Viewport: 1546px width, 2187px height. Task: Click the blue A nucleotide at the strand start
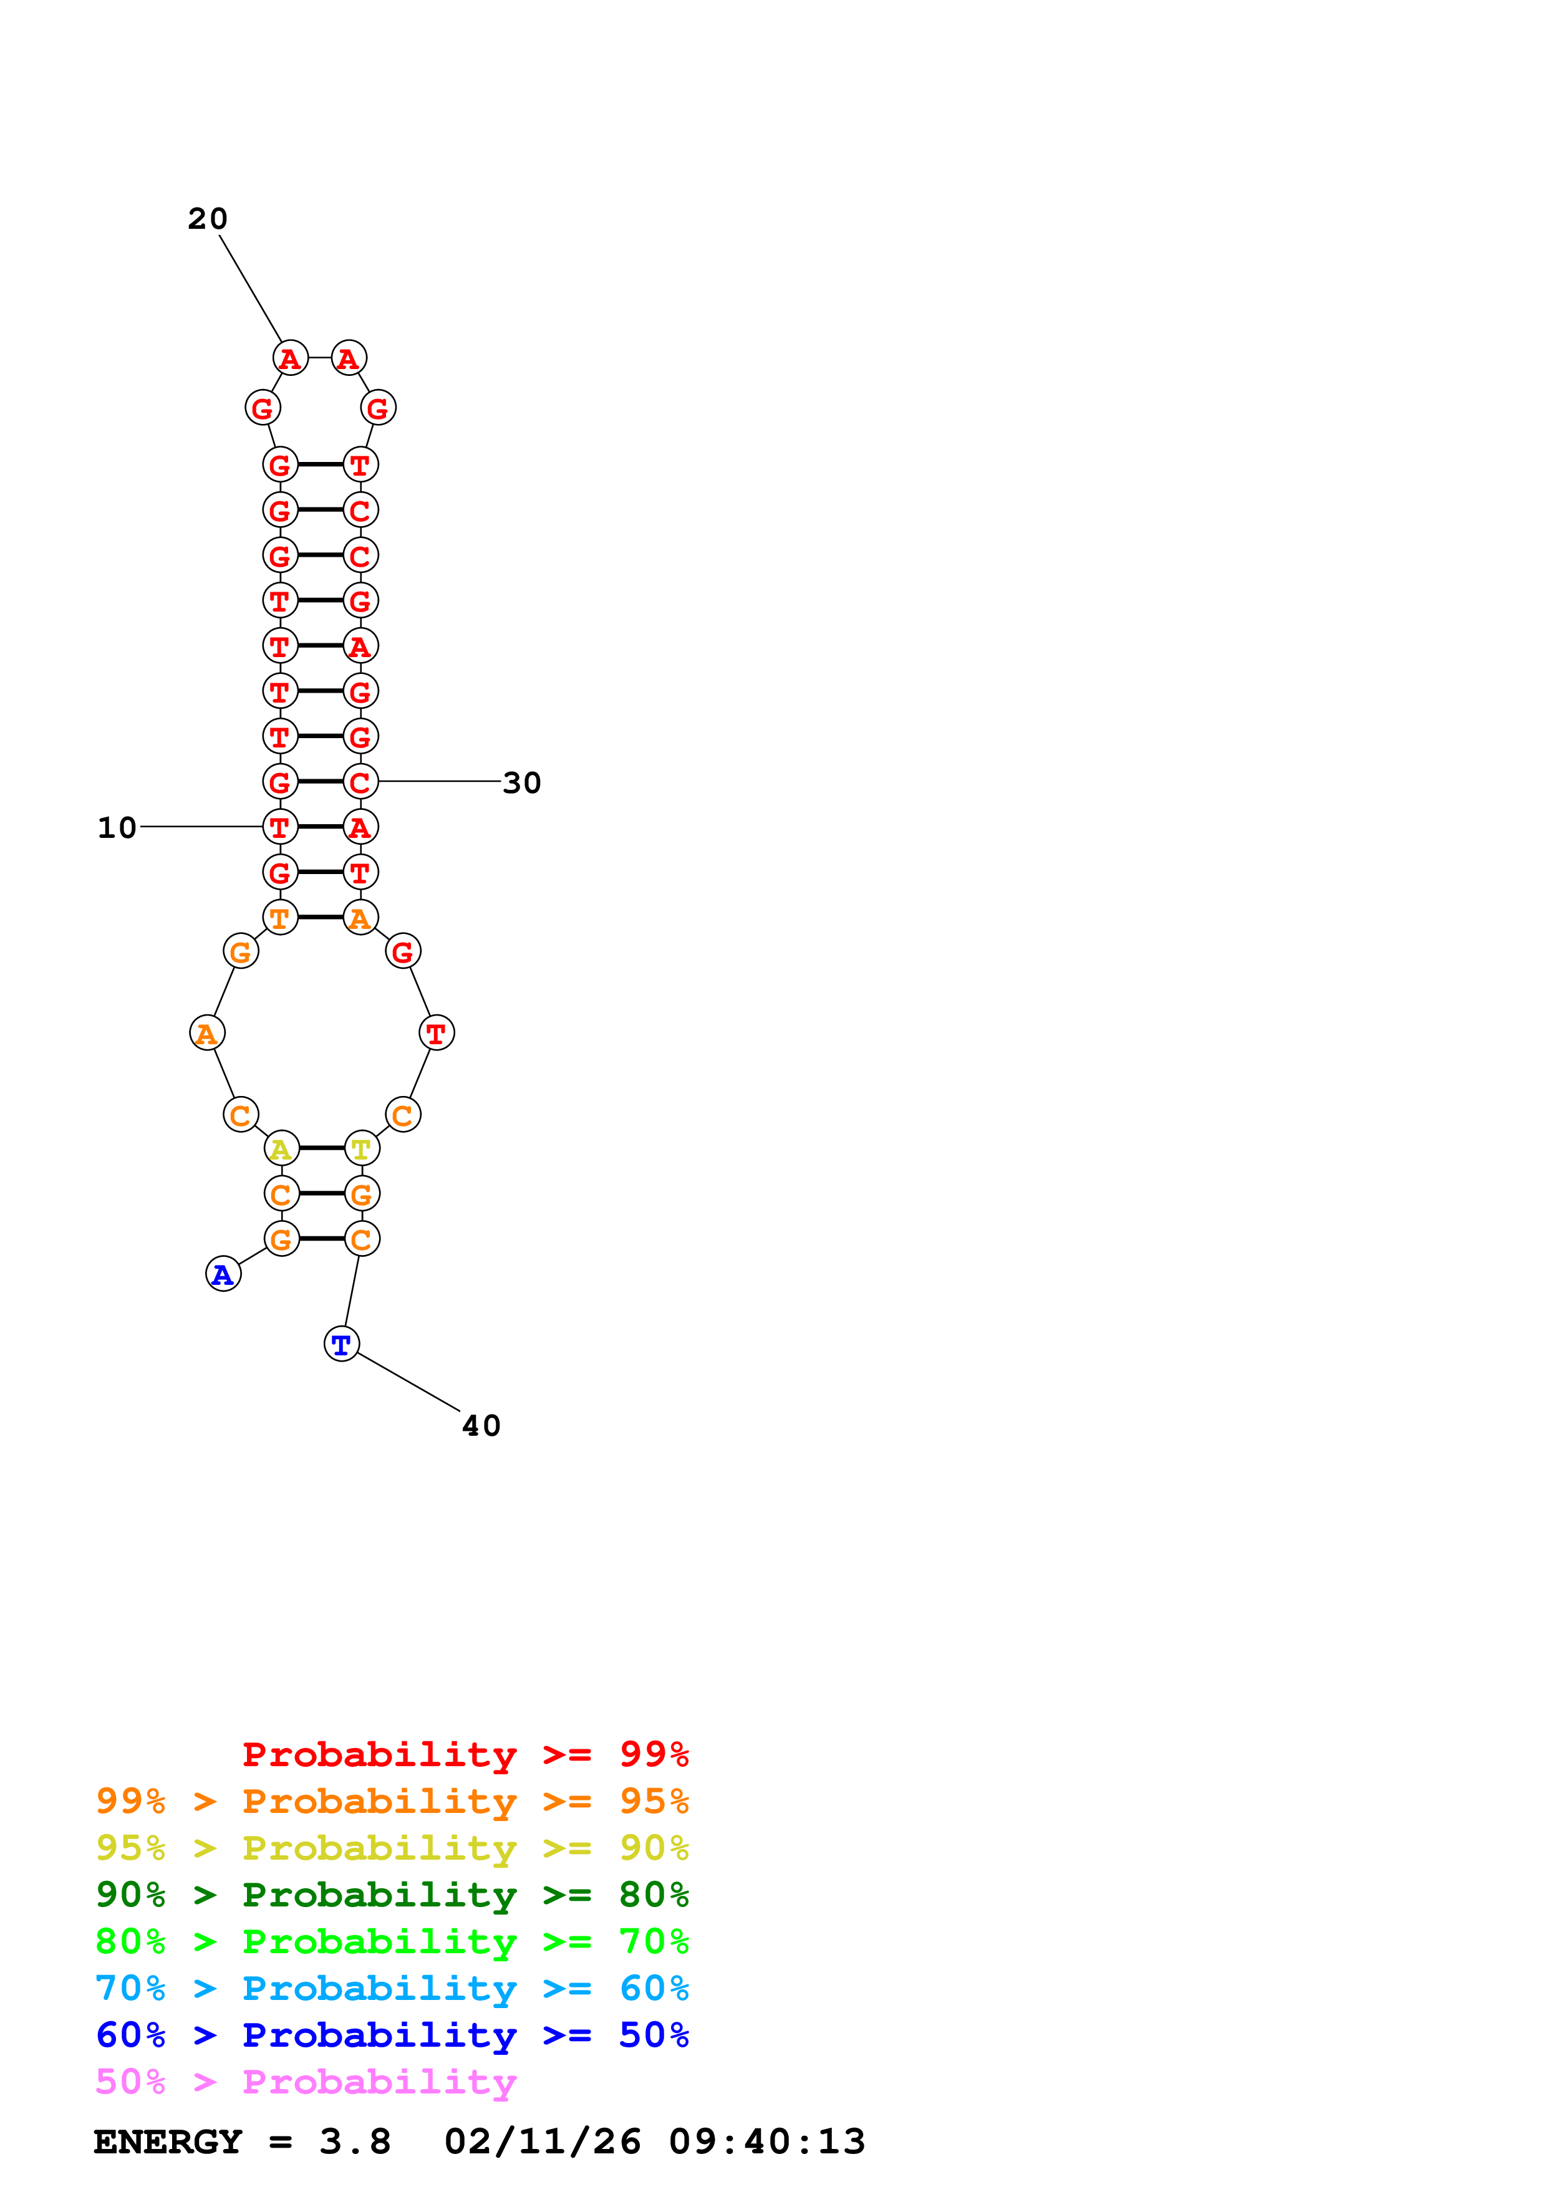click(x=223, y=1274)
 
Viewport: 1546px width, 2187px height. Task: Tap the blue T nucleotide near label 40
click(x=341, y=1344)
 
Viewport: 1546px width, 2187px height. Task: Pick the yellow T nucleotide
click(x=361, y=1149)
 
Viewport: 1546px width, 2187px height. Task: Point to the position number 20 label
click(x=208, y=219)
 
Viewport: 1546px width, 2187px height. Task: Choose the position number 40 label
click(x=481, y=1425)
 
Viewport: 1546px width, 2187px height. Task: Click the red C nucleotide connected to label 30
click(x=360, y=782)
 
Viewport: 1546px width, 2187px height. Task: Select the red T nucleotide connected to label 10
click(x=280, y=827)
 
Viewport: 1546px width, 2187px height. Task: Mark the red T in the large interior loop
click(x=437, y=1032)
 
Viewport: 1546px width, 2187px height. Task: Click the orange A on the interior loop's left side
click(x=206, y=1032)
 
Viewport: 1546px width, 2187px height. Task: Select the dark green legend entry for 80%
click(x=392, y=1895)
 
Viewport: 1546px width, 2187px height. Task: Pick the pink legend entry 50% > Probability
click(x=306, y=2081)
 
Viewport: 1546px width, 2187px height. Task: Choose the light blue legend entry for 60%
click(x=392, y=1988)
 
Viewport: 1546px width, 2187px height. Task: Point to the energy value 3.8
click(x=354, y=2141)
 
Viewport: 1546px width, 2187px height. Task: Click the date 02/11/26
click(x=542, y=2141)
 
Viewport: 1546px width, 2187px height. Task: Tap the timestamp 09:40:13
click(x=767, y=2141)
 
